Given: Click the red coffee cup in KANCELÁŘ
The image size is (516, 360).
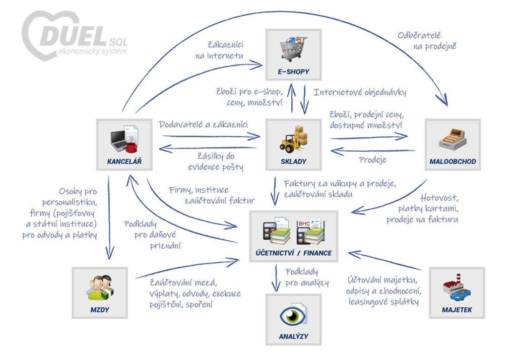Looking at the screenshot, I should coord(132,147).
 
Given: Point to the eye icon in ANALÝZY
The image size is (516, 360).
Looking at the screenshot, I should coord(293,316).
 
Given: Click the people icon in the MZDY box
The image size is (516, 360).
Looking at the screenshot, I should coord(99,289).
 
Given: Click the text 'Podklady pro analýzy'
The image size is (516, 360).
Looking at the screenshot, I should coord(306,277).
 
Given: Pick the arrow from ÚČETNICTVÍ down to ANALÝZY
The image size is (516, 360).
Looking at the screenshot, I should coord(276,278).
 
